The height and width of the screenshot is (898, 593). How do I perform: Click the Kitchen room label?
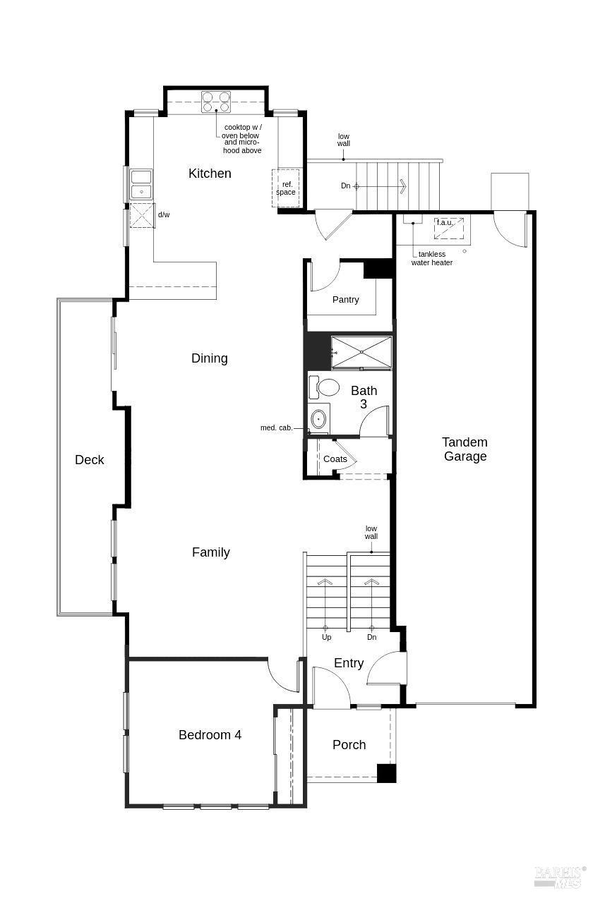[x=210, y=174]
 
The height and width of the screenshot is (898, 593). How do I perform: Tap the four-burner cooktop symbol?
[x=216, y=102]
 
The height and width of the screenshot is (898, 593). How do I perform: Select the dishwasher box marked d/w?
[x=143, y=215]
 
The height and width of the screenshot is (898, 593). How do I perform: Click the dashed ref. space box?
[x=286, y=188]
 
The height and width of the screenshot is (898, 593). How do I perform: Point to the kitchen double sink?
[x=141, y=184]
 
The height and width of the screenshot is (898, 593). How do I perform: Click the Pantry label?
[x=345, y=300]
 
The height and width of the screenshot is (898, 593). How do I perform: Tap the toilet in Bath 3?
[x=327, y=387]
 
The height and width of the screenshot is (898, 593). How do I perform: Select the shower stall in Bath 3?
[x=361, y=352]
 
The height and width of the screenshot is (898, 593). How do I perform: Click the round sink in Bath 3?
[x=319, y=420]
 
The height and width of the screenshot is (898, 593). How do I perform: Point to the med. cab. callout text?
[x=276, y=428]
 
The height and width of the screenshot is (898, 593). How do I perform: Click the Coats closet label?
[x=335, y=459]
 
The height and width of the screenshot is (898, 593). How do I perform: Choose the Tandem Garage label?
[x=465, y=449]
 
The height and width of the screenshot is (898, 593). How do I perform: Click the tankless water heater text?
[x=432, y=258]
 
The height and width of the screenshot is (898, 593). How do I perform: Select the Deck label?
[x=90, y=460]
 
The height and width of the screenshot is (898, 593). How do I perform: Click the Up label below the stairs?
[x=326, y=638]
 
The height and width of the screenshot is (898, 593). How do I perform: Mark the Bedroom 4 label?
[x=210, y=735]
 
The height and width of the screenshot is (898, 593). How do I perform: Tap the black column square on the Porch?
[x=386, y=773]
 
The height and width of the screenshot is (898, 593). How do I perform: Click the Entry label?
[x=349, y=663]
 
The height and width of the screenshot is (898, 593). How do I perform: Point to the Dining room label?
[x=210, y=358]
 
